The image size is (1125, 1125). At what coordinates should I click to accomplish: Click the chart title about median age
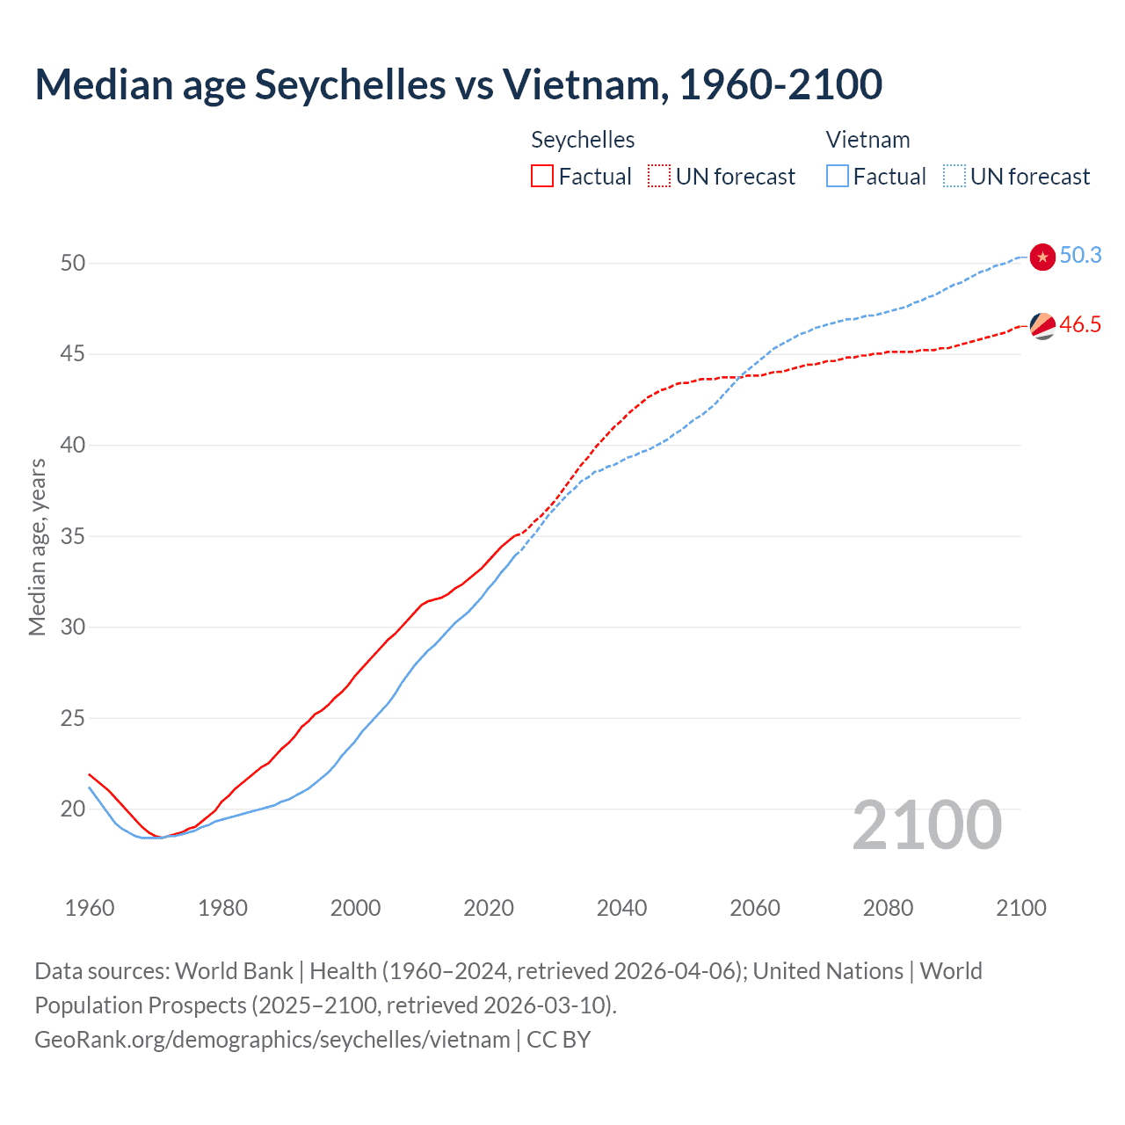click(x=458, y=84)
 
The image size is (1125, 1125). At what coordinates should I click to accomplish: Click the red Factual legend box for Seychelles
click(x=542, y=176)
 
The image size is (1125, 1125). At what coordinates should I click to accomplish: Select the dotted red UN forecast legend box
click(x=659, y=176)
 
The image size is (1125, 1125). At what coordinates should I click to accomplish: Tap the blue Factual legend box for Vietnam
click(x=838, y=176)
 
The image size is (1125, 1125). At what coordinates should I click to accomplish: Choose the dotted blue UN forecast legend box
click(x=954, y=176)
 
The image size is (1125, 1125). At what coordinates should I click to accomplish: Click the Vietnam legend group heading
click(x=867, y=140)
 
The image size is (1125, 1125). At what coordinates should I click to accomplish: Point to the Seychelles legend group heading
click(x=583, y=140)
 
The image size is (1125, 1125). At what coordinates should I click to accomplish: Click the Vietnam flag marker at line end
click(x=1042, y=257)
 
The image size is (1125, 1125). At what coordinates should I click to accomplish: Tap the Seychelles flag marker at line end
click(x=1042, y=326)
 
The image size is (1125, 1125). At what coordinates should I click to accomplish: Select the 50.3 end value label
click(x=1080, y=255)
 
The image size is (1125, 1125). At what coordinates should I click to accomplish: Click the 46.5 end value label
click(x=1080, y=324)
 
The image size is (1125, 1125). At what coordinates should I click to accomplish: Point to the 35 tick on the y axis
click(x=73, y=535)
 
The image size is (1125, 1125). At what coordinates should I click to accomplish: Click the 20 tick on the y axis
click(x=73, y=809)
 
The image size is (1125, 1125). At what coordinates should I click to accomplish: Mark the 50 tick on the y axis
click(x=73, y=263)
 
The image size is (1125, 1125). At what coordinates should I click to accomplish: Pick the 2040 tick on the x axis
click(x=621, y=908)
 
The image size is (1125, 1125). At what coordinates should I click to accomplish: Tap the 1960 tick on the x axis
click(x=90, y=908)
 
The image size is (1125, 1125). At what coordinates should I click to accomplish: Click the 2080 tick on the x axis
click(x=888, y=908)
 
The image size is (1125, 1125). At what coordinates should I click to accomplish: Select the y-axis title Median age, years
click(x=37, y=547)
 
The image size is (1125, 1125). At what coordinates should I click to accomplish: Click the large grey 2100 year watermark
click(x=926, y=824)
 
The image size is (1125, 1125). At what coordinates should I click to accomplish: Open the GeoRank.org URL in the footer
click(x=272, y=1040)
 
